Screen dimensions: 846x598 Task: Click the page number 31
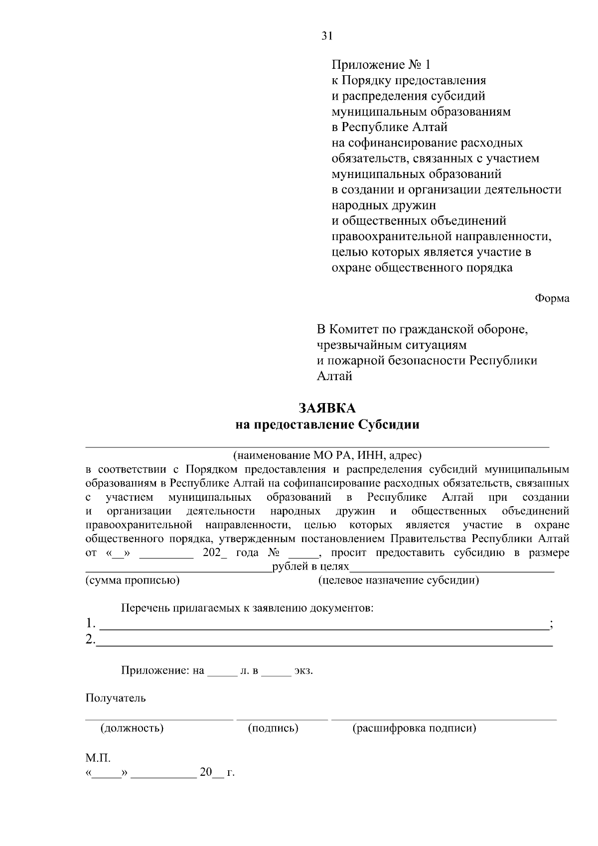point(327,35)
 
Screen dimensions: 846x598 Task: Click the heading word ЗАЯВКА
point(327,409)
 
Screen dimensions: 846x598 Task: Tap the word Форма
point(552,298)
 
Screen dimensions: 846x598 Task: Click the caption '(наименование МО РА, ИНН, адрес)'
point(327,455)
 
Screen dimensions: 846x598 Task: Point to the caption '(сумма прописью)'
point(133,580)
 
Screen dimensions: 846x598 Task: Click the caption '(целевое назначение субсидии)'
point(398,580)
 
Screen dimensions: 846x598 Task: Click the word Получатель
point(116,698)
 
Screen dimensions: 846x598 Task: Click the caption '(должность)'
point(132,728)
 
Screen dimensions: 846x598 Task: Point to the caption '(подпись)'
point(273,728)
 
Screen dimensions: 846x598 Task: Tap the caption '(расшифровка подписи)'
point(414,728)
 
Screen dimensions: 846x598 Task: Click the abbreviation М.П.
point(98,758)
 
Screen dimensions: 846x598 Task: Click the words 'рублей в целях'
point(310,567)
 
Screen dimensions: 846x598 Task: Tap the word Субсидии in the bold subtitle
point(389,425)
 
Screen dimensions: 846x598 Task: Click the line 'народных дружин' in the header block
point(384,205)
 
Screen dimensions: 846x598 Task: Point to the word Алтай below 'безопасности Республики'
point(334,376)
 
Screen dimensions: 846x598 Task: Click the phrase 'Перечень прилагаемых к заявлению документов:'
point(247,608)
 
